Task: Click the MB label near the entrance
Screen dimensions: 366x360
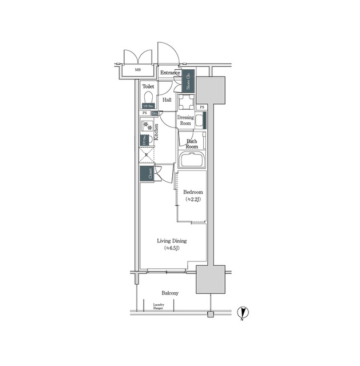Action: point(137,70)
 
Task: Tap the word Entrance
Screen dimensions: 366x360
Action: point(170,73)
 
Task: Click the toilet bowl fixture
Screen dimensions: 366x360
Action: point(148,97)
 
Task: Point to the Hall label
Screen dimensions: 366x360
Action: point(167,100)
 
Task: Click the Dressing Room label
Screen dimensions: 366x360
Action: point(185,120)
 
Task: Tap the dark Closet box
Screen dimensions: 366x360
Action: point(145,174)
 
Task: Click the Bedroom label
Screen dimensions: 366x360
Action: point(192,192)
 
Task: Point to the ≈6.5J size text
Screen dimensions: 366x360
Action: point(172,249)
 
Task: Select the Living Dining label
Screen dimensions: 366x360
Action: point(172,241)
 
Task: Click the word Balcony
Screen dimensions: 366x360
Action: point(169,293)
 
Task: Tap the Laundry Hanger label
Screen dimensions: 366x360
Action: point(159,307)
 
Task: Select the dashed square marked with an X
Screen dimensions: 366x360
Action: point(146,156)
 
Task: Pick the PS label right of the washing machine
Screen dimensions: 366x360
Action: point(201,108)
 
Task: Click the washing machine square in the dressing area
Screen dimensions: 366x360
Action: point(185,102)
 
